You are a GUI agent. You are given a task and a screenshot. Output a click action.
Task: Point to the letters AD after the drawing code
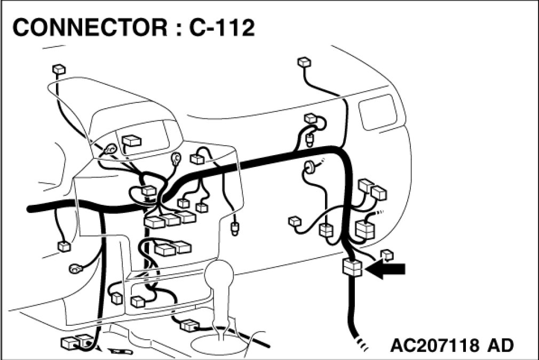[500, 345]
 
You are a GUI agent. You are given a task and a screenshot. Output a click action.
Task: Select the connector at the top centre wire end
[303, 62]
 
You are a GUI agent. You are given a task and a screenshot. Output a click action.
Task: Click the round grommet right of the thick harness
[309, 167]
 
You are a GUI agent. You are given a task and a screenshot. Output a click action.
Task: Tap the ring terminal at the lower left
[74, 268]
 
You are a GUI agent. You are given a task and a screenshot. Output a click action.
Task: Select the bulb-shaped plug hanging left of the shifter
[234, 229]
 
